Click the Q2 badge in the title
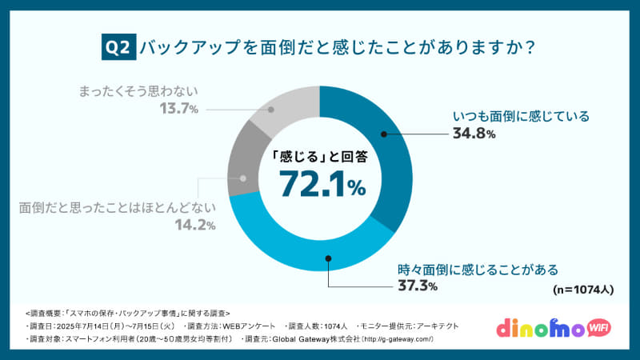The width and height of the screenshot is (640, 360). coord(119,47)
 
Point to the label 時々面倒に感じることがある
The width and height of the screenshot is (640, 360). coord(478,269)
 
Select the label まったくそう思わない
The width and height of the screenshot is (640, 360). coord(138,90)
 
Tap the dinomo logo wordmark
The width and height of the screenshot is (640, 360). coord(545,328)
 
